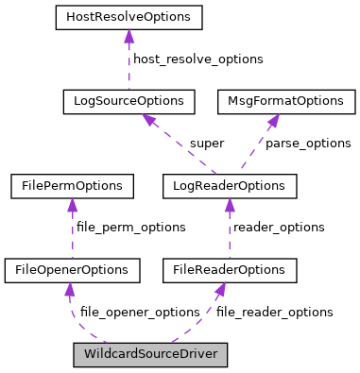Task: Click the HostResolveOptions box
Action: point(129,17)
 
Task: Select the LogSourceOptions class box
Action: point(129,101)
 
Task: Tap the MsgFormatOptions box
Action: point(286,101)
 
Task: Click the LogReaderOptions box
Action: point(230,186)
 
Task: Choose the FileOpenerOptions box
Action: point(72,271)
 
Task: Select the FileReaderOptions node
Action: point(230,271)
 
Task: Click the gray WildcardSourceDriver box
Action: point(150,356)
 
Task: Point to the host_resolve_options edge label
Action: point(197,59)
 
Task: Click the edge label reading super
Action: point(206,144)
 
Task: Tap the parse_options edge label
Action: point(307,144)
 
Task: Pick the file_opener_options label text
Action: point(139,312)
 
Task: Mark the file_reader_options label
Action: point(274,312)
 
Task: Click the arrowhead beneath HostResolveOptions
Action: point(129,37)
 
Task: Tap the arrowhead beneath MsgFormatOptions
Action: point(273,121)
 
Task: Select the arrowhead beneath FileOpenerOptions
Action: point(70,290)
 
